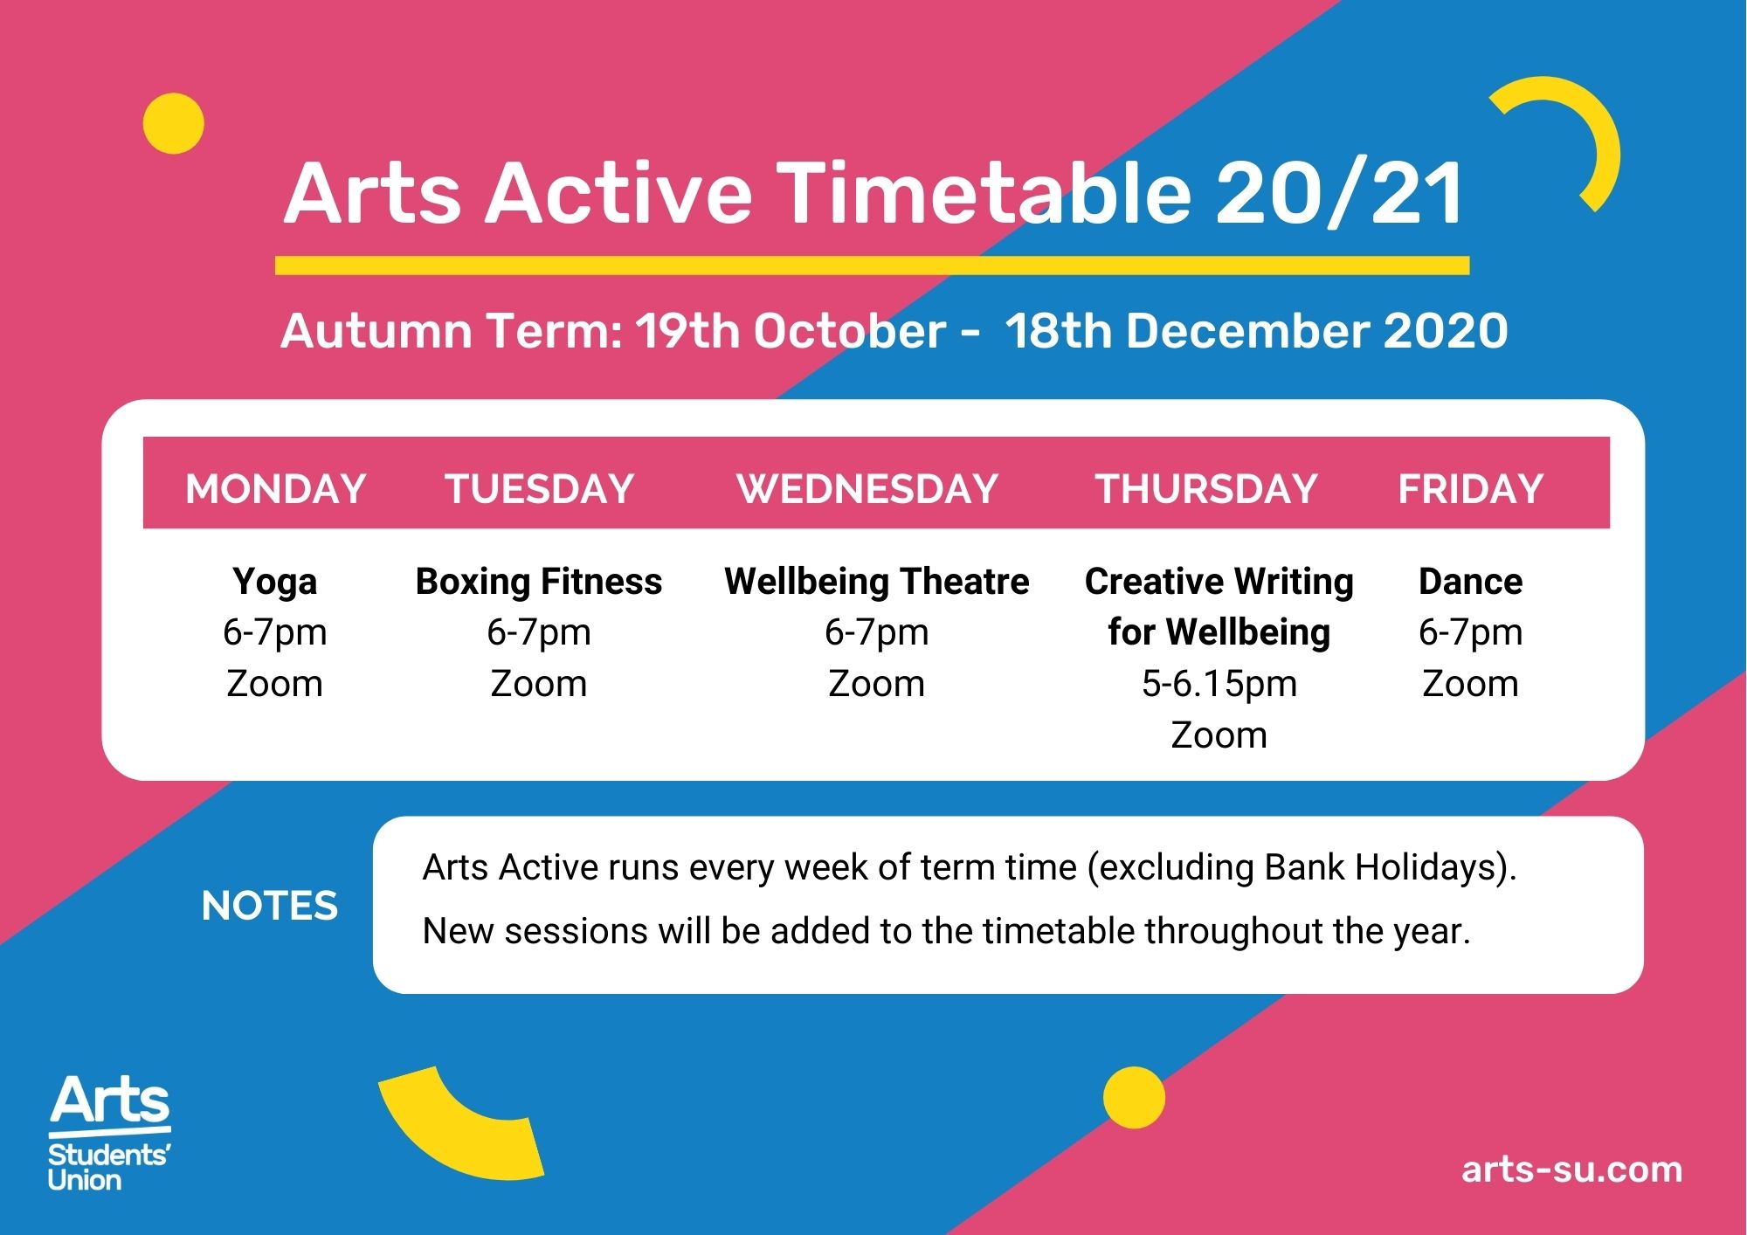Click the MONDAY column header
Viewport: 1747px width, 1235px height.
[275, 488]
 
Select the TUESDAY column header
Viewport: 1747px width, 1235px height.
[540, 488]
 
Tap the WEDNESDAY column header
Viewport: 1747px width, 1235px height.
[867, 488]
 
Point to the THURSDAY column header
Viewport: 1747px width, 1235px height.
[1206, 488]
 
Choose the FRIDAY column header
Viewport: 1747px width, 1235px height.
[1471, 488]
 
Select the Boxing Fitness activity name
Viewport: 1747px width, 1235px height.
[539, 582]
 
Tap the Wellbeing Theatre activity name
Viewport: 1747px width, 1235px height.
[877, 582]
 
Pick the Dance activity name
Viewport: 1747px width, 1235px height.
[1471, 582]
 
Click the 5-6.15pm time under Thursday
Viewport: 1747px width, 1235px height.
[1219, 685]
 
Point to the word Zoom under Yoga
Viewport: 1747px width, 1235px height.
[275, 684]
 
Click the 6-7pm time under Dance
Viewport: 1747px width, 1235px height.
[1471, 633]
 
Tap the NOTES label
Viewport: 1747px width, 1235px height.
[270, 906]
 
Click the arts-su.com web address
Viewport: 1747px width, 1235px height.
[1572, 1169]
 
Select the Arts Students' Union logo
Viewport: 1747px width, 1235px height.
[109, 1134]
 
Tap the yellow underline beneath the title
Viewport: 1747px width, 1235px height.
[872, 266]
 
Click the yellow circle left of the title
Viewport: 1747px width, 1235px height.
[174, 123]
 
